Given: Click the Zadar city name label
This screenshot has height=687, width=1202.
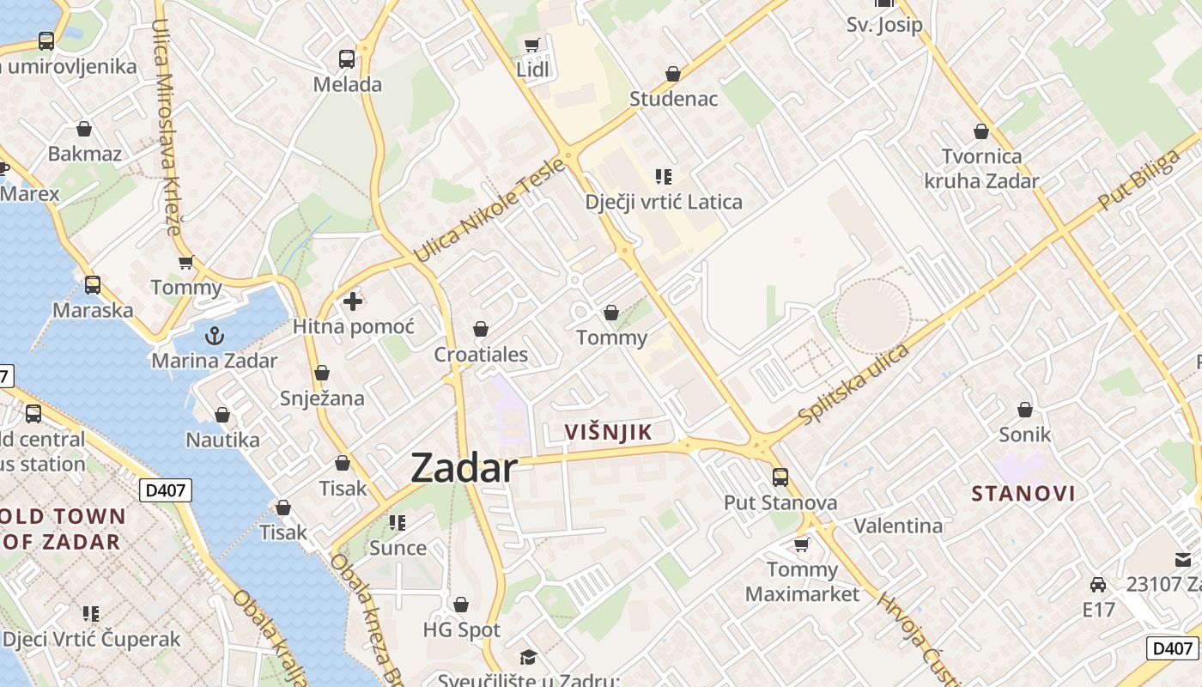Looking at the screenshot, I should point(464,468).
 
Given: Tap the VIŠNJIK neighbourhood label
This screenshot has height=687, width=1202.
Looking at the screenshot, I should point(609,432).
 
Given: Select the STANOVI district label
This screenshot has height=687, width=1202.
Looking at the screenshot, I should point(1023,493).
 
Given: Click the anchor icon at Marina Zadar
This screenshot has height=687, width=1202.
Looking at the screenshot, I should point(215,335).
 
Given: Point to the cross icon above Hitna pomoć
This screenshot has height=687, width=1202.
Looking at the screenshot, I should point(353,301).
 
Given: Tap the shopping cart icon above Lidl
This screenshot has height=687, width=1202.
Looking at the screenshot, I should point(532,45).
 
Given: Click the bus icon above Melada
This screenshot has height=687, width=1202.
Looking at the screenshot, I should point(347,59).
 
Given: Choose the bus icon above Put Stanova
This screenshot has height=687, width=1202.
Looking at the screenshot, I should point(780,477).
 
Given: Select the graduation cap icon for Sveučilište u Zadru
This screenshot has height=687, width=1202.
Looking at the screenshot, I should point(528,657).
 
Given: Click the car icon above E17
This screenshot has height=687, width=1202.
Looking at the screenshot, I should point(1097,585).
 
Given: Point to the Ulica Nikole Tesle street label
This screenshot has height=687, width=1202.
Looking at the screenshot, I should point(489,210).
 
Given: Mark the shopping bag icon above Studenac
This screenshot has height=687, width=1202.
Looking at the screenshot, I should point(673,74).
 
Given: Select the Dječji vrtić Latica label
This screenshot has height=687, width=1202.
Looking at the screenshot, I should point(664,202).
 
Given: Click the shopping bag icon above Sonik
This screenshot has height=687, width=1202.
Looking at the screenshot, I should point(1024,410).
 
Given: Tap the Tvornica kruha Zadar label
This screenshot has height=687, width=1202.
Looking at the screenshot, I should point(981,168).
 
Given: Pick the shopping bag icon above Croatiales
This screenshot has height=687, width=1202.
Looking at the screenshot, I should point(481,329).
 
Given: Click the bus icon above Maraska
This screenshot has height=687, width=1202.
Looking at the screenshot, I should point(93,284).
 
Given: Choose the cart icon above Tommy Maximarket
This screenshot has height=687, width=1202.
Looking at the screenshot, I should point(802,544).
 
